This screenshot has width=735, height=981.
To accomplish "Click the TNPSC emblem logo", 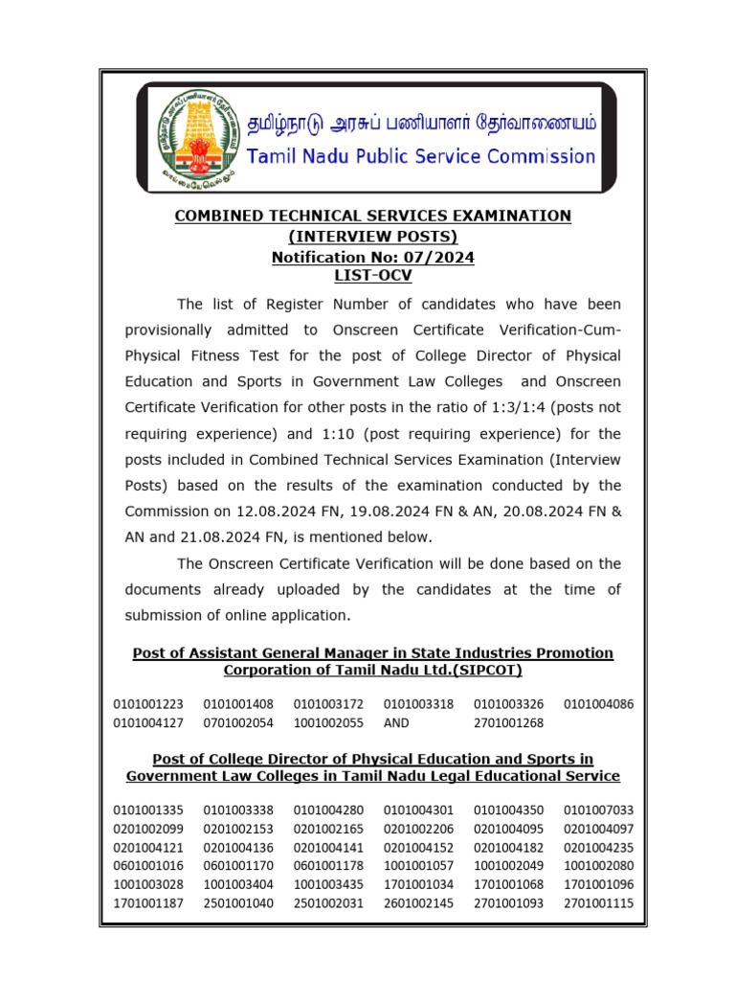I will coord(195,136).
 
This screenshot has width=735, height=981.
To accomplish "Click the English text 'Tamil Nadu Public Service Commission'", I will coord(421,156).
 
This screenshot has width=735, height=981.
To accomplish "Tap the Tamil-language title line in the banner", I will coord(421,124).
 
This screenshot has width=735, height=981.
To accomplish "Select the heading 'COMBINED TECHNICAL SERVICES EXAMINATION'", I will coord(372,217).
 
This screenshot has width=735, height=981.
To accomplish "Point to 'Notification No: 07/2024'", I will coord(372,257).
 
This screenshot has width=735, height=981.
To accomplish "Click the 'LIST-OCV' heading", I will coord(372,276).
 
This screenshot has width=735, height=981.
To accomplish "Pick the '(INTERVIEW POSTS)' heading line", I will coord(372,237).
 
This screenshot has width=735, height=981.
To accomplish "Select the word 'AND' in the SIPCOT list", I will coord(397,723).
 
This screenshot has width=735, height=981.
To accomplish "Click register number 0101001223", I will coord(148,705).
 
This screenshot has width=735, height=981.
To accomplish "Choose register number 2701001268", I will coord(508,723).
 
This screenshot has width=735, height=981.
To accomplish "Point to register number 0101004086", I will coord(598,705).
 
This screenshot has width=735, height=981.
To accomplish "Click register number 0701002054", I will coord(238,723).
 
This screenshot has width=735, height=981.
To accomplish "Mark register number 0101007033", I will coord(598,810).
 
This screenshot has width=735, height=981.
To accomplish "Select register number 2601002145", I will coord(418,901).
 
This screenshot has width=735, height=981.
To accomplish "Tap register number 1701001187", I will coord(148,901).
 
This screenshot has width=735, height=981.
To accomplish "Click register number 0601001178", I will coord(328,865).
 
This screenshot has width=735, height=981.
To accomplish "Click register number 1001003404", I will coord(238,883).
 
